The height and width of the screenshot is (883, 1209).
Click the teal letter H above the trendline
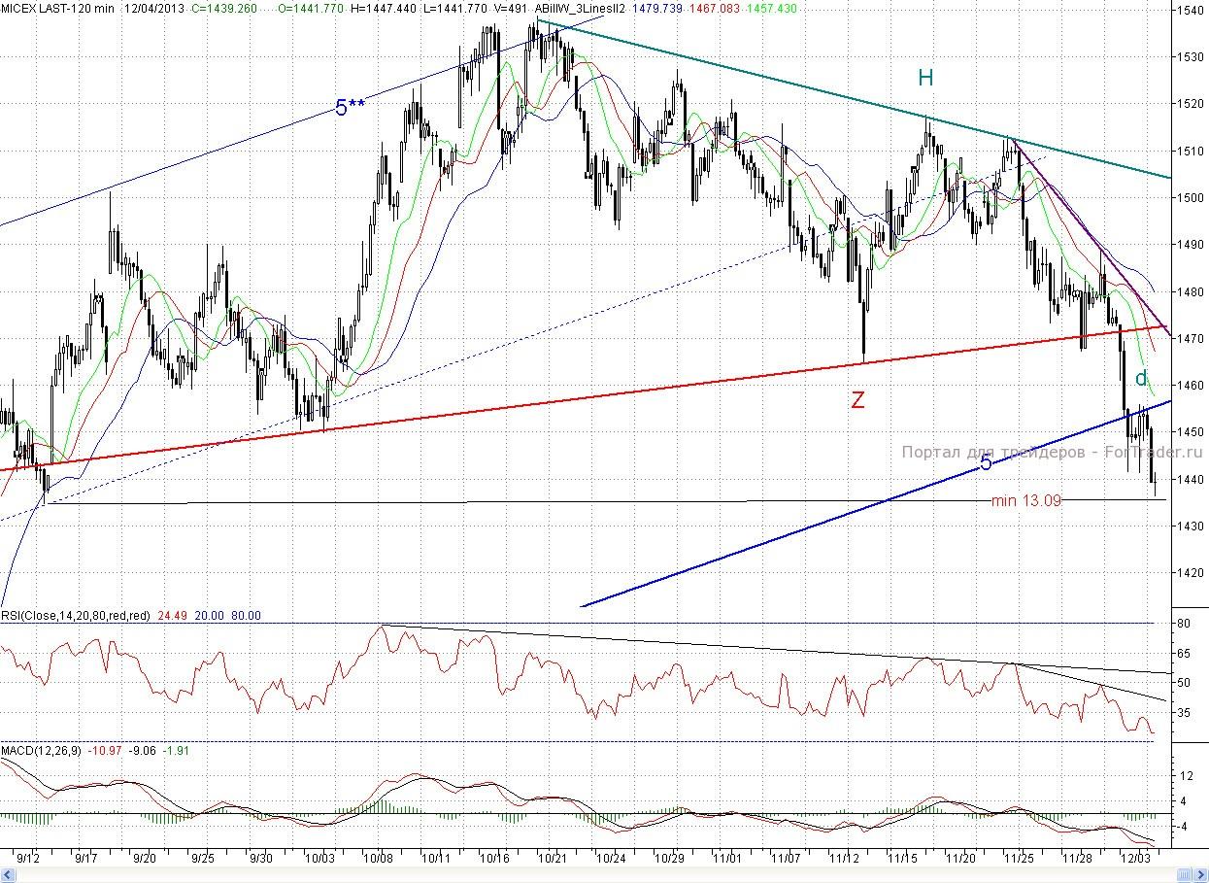(925, 78)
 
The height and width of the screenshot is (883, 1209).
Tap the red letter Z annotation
(857, 399)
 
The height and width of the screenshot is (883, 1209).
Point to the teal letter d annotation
(1142, 378)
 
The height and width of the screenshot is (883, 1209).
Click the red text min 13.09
(1025, 500)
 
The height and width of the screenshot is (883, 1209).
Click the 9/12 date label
(28, 859)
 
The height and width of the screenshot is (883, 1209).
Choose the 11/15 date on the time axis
(903, 859)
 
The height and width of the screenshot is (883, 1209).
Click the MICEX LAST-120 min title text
(57, 8)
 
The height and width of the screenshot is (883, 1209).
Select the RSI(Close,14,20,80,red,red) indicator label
(76, 615)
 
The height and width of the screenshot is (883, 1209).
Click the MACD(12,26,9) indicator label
(42, 751)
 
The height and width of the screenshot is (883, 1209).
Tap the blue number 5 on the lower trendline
(986, 463)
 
